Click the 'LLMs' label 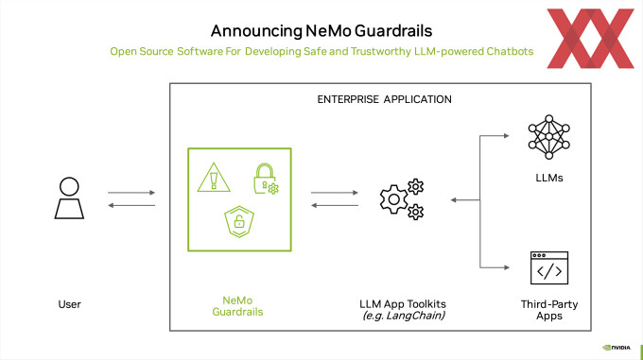click(549, 178)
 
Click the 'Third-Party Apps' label click(548, 310)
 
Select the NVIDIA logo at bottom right click(619, 346)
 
